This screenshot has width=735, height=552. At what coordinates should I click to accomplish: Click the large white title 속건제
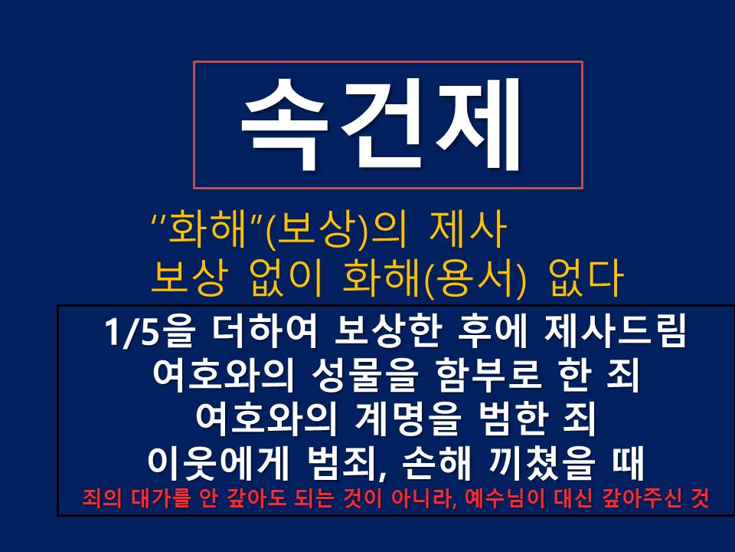(x=381, y=124)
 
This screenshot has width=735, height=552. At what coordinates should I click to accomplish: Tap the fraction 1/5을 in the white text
(x=149, y=331)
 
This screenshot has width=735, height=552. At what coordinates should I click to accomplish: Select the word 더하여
(x=264, y=331)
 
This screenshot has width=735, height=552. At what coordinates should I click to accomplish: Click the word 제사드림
(x=616, y=331)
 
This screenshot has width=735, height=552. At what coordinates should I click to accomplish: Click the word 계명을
(x=406, y=419)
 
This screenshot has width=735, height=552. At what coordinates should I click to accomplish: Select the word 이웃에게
(x=217, y=463)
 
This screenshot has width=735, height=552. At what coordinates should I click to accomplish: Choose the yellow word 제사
(x=468, y=229)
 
